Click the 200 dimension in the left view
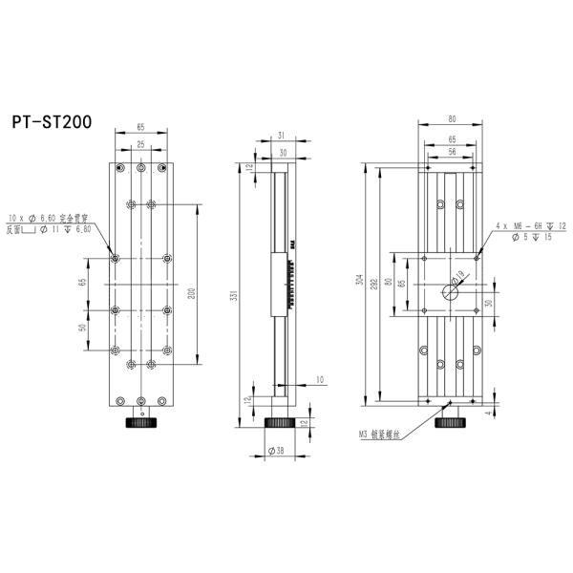tap(192, 293)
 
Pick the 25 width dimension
tap(141, 144)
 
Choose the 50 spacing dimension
tap(83, 328)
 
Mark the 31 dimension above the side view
tap(283, 135)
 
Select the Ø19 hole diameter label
tap(458, 279)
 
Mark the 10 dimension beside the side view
tap(319, 380)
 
